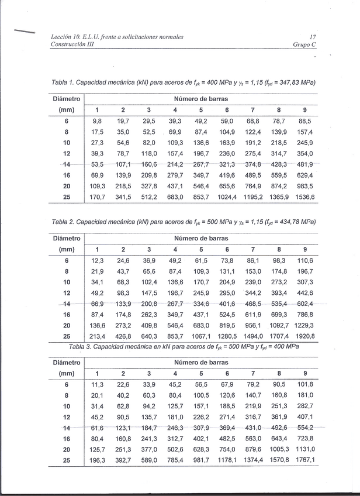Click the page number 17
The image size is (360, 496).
tap(313, 37)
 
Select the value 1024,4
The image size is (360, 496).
tap(227, 197)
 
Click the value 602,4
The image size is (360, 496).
tap(305, 304)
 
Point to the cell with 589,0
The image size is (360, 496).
tap(149, 460)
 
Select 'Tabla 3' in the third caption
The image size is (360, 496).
tap(80, 346)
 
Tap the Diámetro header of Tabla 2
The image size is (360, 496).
tap(67, 239)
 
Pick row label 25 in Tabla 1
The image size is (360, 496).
tap(67, 197)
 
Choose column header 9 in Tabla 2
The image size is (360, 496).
tap(305, 249)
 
